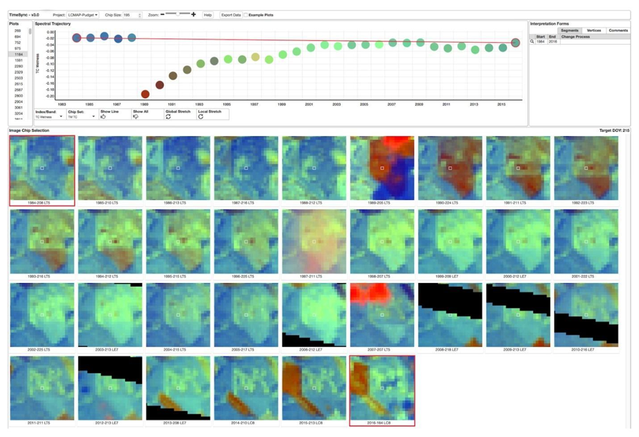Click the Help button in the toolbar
[x=208, y=15]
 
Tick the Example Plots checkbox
[x=246, y=15]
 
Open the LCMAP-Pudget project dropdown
[x=84, y=15]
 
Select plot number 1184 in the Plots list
[x=18, y=54]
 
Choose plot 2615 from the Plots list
[x=18, y=84]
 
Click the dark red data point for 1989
[x=145, y=95]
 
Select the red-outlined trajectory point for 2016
[x=515, y=43]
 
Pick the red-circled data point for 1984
[x=76, y=38]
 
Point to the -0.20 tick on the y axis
[x=50, y=96]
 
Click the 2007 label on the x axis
[x=392, y=104]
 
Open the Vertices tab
[x=594, y=30]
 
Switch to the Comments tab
[x=618, y=30]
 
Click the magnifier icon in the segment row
[x=532, y=41]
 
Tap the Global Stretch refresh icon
[x=168, y=117]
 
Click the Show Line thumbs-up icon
[x=104, y=117]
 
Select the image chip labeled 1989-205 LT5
[x=382, y=168]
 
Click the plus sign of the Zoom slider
[x=194, y=14]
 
